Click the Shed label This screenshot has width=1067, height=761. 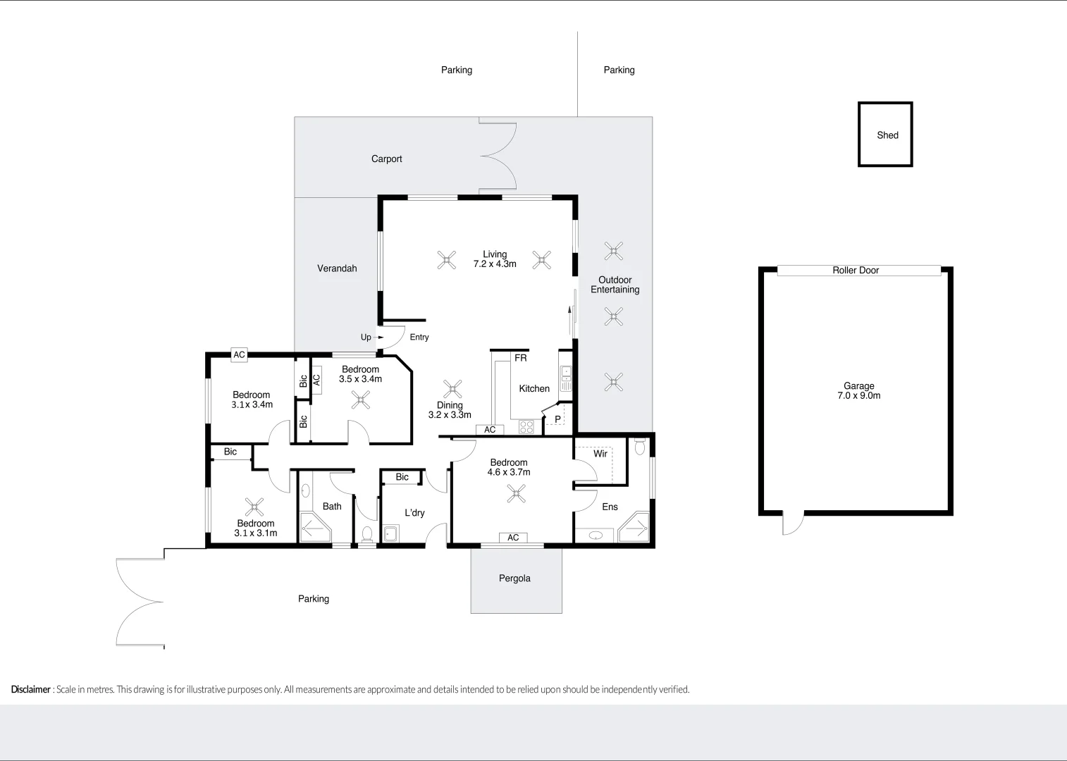(x=887, y=135)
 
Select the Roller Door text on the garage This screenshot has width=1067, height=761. (x=856, y=271)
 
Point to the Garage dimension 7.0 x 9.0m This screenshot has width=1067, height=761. (x=858, y=396)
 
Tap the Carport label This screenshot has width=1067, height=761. (x=386, y=159)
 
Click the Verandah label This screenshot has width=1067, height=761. (x=337, y=268)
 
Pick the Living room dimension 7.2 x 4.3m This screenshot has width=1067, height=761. (x=495, y=264)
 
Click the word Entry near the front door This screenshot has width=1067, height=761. (x=419, y=338)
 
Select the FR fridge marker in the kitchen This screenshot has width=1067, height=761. (x=520, y=358)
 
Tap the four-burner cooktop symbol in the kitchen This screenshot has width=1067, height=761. (x=526, y=426)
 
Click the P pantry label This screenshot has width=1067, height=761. (x=557, y=419)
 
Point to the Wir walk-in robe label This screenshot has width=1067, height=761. (x=600, y=454)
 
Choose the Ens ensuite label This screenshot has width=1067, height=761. (x=610, y=507)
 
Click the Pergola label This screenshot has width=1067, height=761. (x=514, y=579)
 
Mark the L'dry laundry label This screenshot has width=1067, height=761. (x=414, y=513)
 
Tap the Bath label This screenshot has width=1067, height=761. (x=332, y=507)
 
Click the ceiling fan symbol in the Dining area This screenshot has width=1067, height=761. (x=452, y=388)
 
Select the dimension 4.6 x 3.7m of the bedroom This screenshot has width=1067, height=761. (x=509, y=473)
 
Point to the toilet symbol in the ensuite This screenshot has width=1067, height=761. (x=640, y=447)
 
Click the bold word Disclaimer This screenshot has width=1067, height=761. (x=30, y=690)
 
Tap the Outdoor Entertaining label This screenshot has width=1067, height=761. (x=615, y=285)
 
